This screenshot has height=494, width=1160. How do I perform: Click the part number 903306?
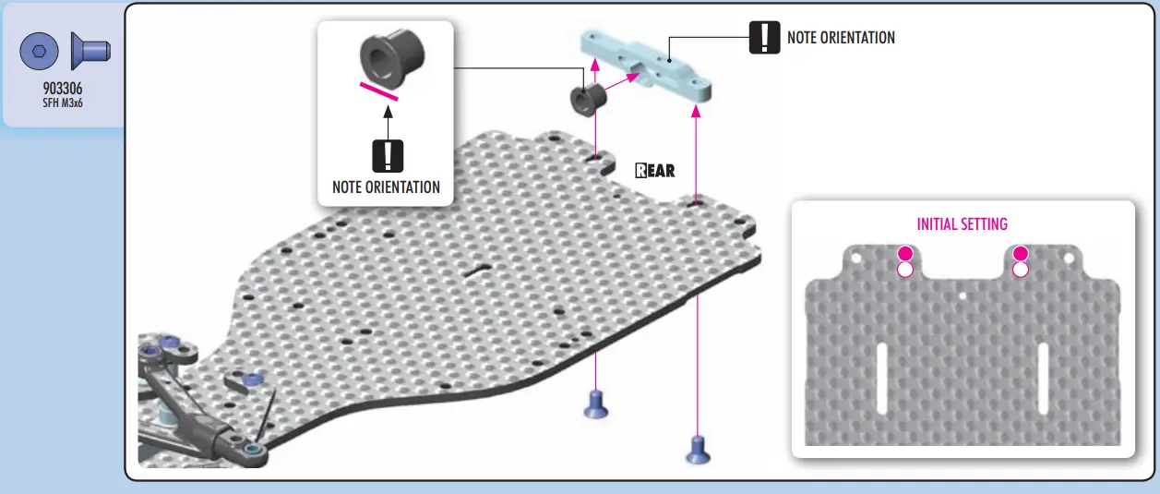click(x=63, y=90)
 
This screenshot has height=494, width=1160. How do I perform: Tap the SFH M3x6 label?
click(x=63, y=103)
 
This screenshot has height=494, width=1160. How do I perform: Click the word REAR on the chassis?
click(x=655, y=170)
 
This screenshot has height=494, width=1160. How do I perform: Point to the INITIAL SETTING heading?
click(x=962, y=224)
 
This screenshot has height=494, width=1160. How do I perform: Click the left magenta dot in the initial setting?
click(x=905, y=254)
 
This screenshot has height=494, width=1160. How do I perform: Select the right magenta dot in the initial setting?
click(x=1020, y=254)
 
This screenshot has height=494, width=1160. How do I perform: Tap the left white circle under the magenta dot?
click(x=905, y=270)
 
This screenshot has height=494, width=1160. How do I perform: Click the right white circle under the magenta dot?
click(x=1020, y=270)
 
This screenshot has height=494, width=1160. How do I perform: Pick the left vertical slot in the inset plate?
click(x=881, y=378)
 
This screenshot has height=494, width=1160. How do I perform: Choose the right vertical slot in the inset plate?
click(x=1043, y=378)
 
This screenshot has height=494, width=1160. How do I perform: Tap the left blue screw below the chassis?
click(x=597, y=404)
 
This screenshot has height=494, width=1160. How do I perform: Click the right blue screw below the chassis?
click(x=699, y=450)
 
